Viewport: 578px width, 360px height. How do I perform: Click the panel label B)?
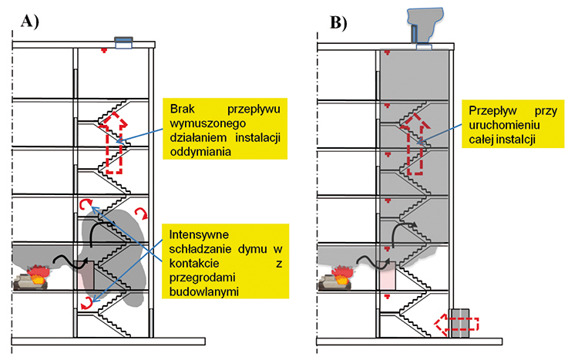point(339,22)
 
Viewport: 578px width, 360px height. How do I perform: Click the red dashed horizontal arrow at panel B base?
point(455,323)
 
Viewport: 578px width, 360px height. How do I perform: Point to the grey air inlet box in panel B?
point(460,322)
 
